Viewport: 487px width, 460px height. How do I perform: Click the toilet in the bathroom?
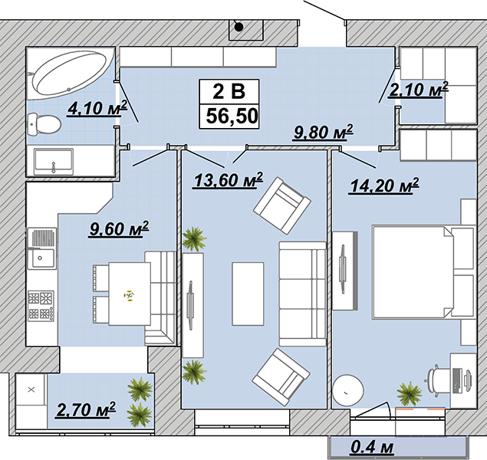click(44, 124)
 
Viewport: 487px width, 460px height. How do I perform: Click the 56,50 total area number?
click(232, 117)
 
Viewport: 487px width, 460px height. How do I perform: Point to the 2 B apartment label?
click(229, 91)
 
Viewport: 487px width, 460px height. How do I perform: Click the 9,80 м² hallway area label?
click(323, 133)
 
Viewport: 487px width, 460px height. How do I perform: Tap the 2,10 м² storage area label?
click(418, 90)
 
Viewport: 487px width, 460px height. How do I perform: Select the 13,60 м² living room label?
click(228, 180)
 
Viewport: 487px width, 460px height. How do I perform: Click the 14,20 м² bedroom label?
click(384, 186)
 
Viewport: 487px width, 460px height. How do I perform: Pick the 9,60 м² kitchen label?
click(119, 229)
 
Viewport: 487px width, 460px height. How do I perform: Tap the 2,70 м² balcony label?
click(86, 409)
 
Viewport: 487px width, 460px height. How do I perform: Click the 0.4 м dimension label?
click(372, 447)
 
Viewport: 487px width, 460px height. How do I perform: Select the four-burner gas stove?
click(41, 306)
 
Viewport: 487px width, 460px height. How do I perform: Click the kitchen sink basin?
click(41, 258)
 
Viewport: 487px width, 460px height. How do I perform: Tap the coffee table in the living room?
click(248, 294)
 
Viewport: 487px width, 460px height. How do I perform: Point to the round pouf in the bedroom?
click(348, 390)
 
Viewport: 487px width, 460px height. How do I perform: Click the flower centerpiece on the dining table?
click(129, 295)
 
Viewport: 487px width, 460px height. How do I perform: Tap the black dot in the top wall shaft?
click(239, 28)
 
